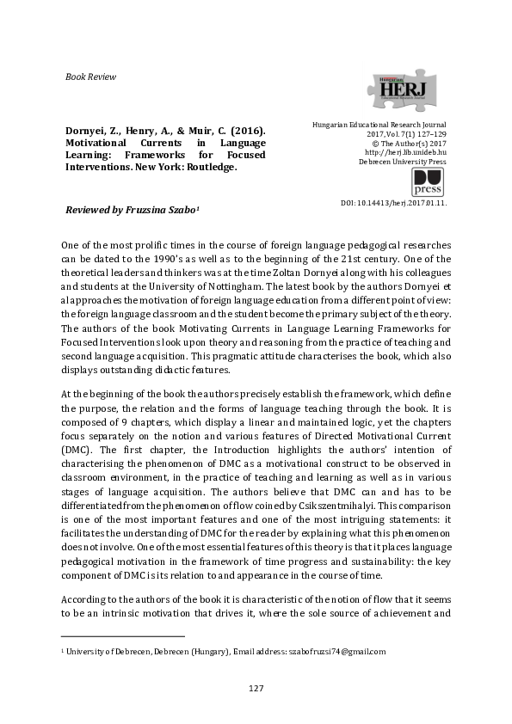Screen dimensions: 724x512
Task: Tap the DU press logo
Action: point(428,183)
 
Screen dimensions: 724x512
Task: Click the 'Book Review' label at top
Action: point(90,77)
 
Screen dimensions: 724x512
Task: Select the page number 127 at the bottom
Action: point(256,688)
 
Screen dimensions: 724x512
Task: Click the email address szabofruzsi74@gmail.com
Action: point(336,653)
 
